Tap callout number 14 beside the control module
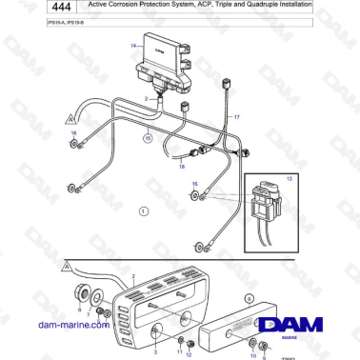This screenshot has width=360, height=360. [133, 44]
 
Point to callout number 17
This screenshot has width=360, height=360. [237, 116]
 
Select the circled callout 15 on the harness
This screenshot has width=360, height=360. [147, 138]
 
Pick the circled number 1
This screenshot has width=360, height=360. [143, 210]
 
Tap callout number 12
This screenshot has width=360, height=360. [190, 354]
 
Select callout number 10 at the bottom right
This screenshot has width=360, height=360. [252, 354]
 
